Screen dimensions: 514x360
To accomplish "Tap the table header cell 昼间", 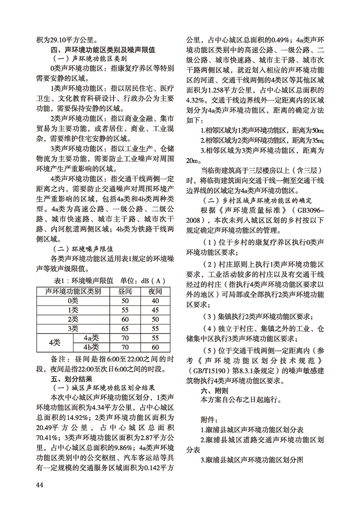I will [125, 291].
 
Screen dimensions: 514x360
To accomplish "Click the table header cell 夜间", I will [155, 291].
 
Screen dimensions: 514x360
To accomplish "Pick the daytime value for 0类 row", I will [125, 300].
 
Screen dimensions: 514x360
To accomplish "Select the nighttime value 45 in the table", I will [155, 310].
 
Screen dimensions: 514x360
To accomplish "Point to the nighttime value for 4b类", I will [155, 347].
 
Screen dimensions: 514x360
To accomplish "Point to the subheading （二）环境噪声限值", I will [85, 249].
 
